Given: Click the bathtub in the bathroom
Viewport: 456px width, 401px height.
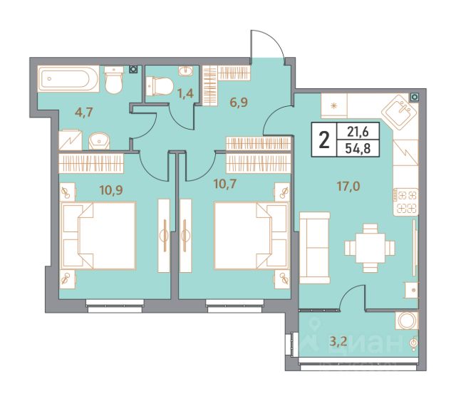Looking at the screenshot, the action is click(x=68, y=78).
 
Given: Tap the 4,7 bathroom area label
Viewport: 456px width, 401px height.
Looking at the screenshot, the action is click(x=83, y=112).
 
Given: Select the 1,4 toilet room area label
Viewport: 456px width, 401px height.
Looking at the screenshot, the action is click(x=185, y=93).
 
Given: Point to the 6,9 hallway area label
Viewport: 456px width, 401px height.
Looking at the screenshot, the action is click(x=239, y=103).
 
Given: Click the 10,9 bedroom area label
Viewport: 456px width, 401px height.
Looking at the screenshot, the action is click(x=111, y=190).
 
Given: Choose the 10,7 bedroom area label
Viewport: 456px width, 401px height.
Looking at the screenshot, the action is click(x=224, y=184).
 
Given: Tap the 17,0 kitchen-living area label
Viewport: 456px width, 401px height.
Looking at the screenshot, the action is click(x=348, y=186).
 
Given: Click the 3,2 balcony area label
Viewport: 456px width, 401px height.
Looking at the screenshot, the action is click(x=338, y=340).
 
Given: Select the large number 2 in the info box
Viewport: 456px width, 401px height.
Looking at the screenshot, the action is click(x=324, y=140).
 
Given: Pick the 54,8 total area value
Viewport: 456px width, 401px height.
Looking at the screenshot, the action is click(x=358, y=149).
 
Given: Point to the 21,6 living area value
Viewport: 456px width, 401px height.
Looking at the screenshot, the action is click(x=358, y=132).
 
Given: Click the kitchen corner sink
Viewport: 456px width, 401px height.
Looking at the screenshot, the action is click(x=400, y=112).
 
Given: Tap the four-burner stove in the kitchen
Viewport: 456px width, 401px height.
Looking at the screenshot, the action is click(x=405, y=202).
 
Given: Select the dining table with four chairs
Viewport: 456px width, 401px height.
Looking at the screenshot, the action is click(x=370, y=248).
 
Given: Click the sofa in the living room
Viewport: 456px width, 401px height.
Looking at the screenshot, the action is click(x=315, y=248).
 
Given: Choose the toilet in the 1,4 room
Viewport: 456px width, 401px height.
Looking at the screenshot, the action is click(x=160, y=86).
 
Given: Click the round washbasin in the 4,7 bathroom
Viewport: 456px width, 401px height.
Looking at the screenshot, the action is click(x=99, y=141).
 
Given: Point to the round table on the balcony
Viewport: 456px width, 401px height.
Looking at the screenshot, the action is click(x=407, y=321).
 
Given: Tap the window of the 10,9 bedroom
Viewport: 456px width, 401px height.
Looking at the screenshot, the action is click(x=115, y=306).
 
